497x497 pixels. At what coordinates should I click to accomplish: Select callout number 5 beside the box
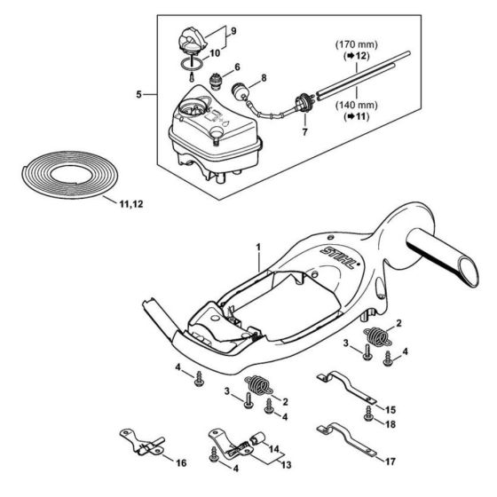coord(138,94)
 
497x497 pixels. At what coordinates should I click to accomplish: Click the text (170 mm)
coord(357,44)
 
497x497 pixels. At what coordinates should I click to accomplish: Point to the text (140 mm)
coord(357,105)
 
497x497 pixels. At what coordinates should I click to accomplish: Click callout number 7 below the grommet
coord(304,132)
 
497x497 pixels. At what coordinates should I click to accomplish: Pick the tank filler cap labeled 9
coord(192,39)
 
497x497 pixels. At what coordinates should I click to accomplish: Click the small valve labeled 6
coord(216,79)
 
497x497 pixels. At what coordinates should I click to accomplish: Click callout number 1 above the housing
coord(258,248)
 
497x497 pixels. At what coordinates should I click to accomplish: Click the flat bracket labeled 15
coord(346,387)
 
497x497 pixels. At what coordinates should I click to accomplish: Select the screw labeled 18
coord(368,414)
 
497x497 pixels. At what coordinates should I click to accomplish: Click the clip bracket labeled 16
coord(143,443)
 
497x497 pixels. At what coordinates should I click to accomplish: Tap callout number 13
coord(286,465)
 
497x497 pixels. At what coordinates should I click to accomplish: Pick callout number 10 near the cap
coord(215,53)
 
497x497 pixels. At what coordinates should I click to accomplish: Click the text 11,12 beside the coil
coord(131,204)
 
